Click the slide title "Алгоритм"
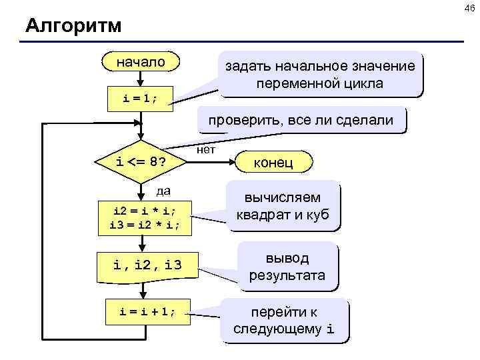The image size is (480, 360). point(73,26)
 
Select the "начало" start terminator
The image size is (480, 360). point(141,62)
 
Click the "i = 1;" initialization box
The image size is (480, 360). point(141,98)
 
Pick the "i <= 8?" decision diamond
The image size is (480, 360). point(141,161)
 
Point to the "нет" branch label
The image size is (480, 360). point(207,149)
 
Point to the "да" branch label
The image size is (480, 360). point(163,191)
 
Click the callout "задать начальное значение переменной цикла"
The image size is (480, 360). point(319,75)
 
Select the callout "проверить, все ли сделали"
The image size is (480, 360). point(305,121)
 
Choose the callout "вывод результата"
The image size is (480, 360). point(287,267)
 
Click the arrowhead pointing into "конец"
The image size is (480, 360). point(231,162)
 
